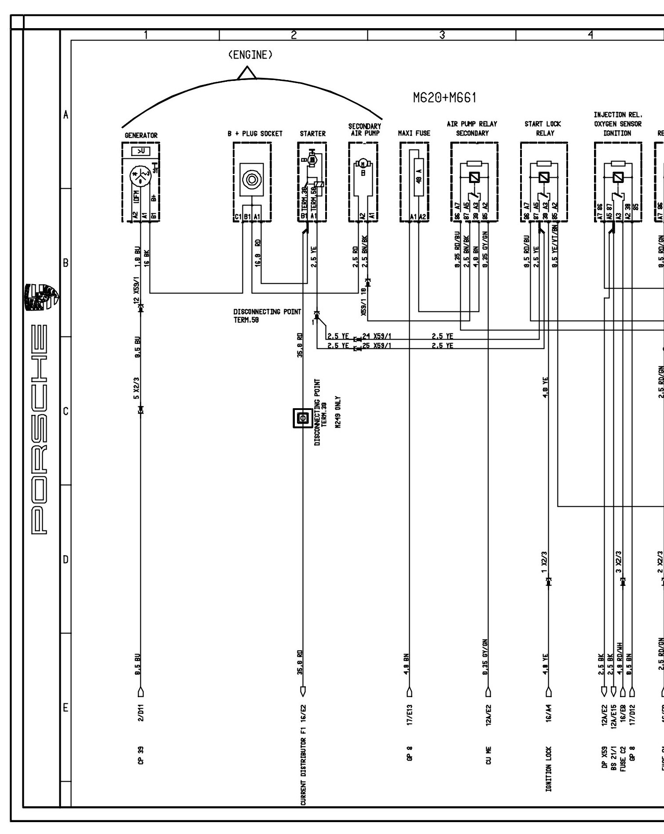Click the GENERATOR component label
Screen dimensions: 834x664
coord(141,135)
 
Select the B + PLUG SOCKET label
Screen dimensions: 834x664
coord(255,134)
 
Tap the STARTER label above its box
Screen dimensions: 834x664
coord(312,134)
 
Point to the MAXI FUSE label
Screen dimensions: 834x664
coord(414,133)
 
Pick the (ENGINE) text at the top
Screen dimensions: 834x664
coord(250,55)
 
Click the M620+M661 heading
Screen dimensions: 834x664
coord(444,98)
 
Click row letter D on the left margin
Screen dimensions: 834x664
coord(66,560)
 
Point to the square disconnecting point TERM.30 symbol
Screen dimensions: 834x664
coord(303,418)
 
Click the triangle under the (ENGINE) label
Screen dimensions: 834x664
coord(247,73)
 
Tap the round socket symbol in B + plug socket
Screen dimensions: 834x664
coord(252,179)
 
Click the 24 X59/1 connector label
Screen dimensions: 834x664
coord(377,337)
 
